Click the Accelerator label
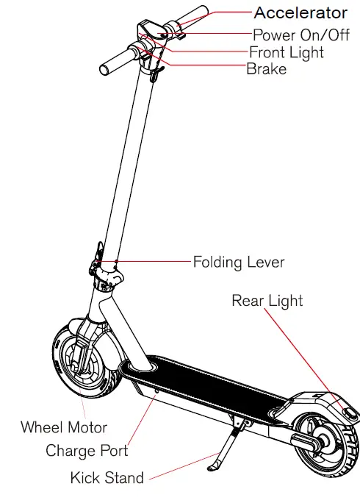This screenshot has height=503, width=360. (300, 13)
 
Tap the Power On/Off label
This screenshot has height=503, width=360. (301, 35)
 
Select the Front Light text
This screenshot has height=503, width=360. (287, 53)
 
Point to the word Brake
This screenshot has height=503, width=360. (266, 70)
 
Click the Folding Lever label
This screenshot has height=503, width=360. (238, 262)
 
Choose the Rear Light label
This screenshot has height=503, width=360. (267, 301)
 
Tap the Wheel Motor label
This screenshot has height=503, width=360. (63, 427)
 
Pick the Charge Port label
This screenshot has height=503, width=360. (87, 450)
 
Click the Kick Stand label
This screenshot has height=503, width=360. (107, 477)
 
